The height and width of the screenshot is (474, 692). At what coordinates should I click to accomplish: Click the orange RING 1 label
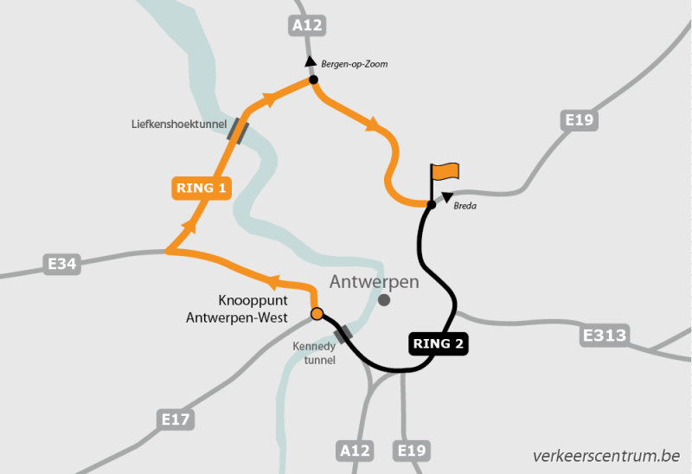201,187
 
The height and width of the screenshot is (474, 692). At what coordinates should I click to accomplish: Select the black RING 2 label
439,343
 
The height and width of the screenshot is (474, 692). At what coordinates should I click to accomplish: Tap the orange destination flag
446,172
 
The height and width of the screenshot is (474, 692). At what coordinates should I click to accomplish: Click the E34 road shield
62,263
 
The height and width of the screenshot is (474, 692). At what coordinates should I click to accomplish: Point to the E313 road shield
605,335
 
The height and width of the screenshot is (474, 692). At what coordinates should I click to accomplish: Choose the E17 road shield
176,420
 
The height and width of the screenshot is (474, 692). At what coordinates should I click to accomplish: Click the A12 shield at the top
307,26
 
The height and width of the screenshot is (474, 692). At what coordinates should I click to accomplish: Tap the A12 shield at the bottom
355,450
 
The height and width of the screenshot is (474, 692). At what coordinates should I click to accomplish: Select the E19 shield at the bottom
411,450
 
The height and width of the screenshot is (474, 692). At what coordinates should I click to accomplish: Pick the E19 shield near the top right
579,119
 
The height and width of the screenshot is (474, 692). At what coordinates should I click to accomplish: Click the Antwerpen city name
375,281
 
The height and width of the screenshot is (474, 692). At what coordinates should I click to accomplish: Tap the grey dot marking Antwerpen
384,299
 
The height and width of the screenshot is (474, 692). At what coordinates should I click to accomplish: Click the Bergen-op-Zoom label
354,64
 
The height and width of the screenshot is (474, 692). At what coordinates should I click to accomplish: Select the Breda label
465,206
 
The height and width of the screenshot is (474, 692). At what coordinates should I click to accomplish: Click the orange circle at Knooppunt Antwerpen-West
317,313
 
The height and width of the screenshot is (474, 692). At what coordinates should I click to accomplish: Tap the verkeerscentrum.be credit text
605,455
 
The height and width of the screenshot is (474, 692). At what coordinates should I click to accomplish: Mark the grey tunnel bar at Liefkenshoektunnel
238,131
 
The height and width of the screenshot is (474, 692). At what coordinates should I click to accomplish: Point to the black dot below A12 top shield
313,80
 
